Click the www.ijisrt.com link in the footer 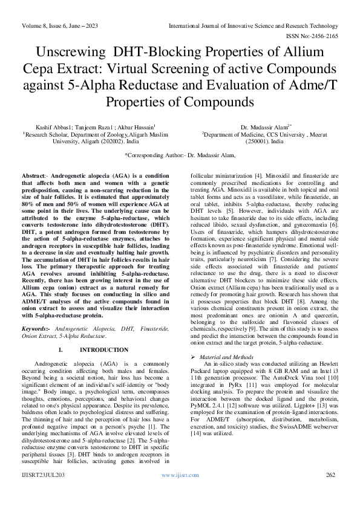180,493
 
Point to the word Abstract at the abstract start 34,174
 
